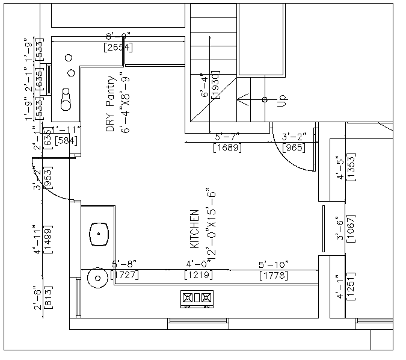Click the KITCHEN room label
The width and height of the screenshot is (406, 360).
point(194,229)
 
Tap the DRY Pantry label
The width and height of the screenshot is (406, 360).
point(110,104)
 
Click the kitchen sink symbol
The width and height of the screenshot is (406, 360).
point(99,234)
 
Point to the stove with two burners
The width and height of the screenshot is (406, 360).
point(197,297)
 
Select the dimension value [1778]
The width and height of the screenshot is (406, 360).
point(273,276)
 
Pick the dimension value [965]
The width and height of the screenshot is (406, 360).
point(293,147)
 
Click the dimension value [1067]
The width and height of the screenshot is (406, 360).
point(352,229)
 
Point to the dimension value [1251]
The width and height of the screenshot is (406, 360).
point(352,288)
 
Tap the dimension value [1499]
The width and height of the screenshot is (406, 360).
point(48,240)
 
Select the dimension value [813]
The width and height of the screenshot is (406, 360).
point(48,299)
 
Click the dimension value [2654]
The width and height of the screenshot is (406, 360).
point(118,47)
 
